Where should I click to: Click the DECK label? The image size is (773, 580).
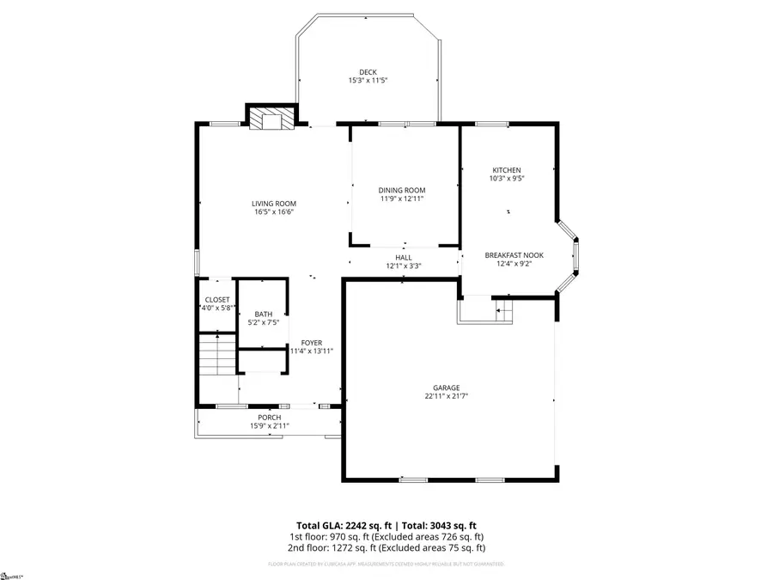(368, 72)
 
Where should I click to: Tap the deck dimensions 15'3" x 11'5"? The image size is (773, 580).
(368, 81)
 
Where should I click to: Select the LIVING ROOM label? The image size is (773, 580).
(274, 204)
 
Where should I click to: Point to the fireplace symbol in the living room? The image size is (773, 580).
(271, 119)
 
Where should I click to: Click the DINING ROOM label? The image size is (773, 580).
(402, 190)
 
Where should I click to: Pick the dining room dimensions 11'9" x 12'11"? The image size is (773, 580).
(402, 198)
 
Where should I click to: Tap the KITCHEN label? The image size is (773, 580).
(507, 170)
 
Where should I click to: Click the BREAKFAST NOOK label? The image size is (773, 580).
(514, 255)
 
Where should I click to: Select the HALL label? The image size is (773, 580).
(403, 257)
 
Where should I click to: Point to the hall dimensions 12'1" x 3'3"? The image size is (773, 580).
(403, 266)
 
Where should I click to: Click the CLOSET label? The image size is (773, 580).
(217, 299)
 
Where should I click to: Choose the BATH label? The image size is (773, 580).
(263, 314)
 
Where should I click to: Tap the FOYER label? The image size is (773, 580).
(311, 343)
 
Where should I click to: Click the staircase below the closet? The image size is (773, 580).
(217, 354)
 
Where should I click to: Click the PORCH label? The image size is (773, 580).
(270, 417)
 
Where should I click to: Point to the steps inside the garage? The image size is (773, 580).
(503, 308)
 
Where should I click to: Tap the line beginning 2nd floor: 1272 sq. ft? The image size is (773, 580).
(386, 547)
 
